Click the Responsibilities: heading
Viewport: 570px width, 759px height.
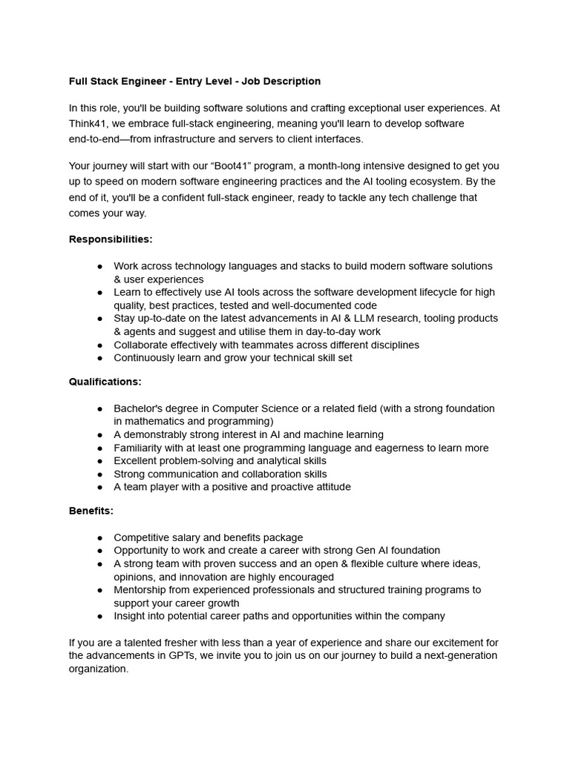tap(111, 239)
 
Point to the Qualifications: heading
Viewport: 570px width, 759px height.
tap(105, 382)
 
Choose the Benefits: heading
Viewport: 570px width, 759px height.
tap(91, 511)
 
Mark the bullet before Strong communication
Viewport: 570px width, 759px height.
tap(99, 474)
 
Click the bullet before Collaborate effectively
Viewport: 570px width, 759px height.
tap(99, 345)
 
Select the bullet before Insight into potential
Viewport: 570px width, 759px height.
tap(99, 616)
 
